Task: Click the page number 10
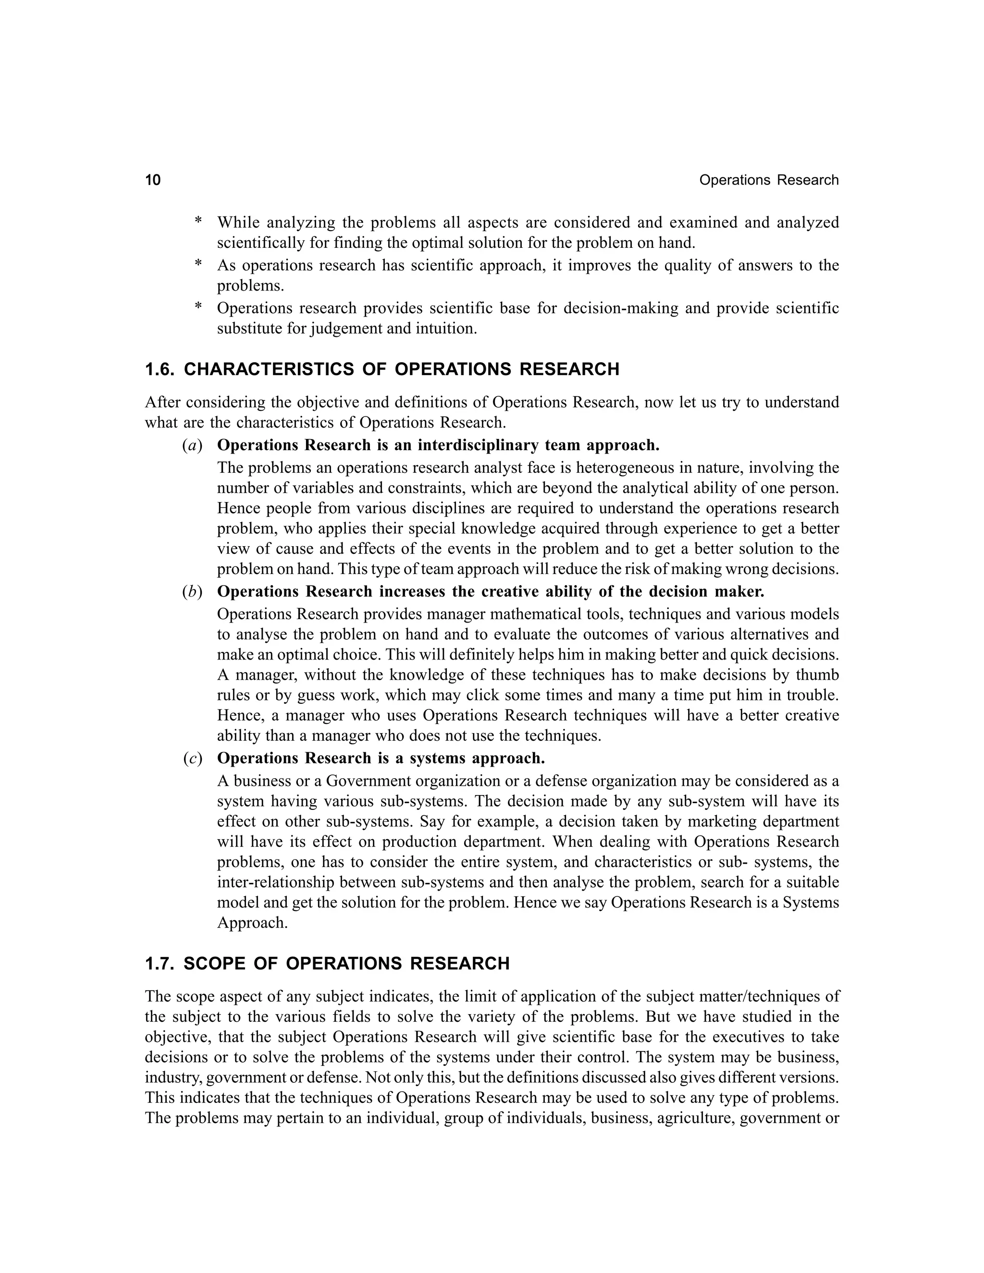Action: click(153, 180)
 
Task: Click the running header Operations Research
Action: click(768, 180)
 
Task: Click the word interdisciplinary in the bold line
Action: click(479, 446)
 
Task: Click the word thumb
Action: click(817, 675)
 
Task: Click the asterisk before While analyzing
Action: click(198, 222)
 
